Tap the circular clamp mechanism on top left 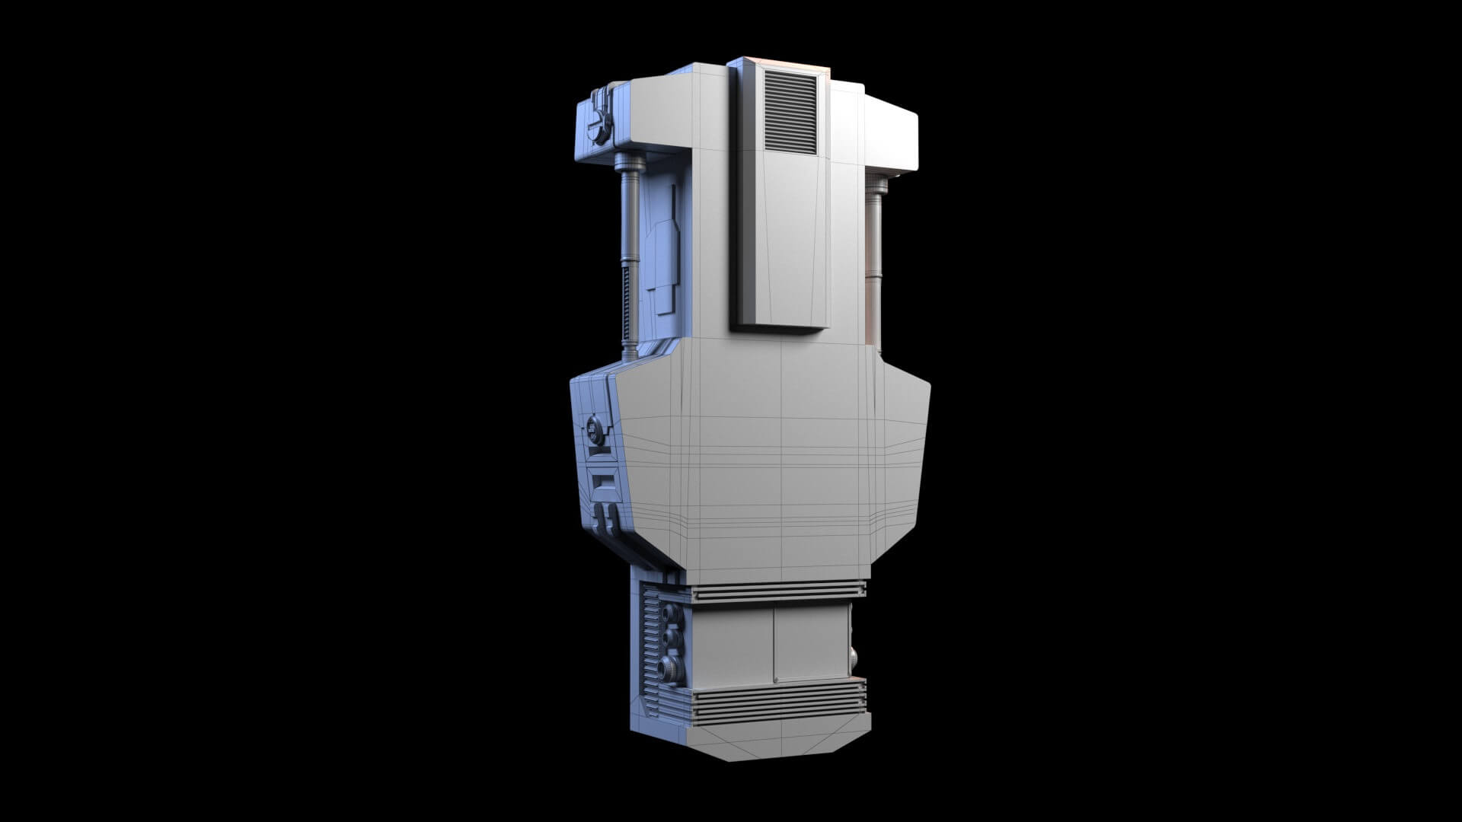602,119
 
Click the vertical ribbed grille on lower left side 651,647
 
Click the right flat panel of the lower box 811,643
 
